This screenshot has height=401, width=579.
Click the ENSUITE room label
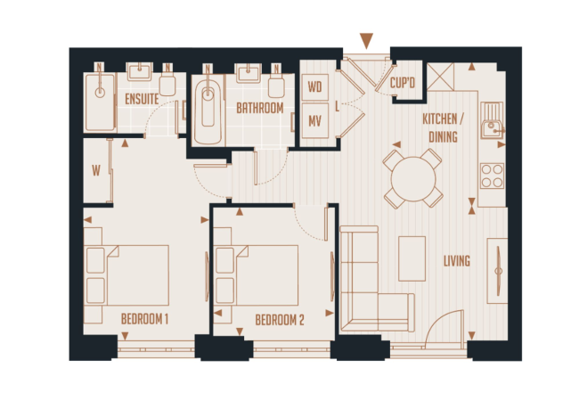click(142, 99)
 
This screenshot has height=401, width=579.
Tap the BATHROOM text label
click(260, 108)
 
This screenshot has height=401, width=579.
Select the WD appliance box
click(315, 87)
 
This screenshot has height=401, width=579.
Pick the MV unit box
click(315, 120)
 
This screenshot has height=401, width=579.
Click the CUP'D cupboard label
click(403, 83)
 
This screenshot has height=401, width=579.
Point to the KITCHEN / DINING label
click(443, 127)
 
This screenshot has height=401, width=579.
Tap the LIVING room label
click(457, 261)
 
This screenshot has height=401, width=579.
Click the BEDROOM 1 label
click(144, 319)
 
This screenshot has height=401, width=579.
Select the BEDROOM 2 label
click(280, 320)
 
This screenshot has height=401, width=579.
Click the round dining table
click(413, 179)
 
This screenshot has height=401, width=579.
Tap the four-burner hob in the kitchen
click(493, 176)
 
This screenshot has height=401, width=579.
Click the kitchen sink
click(493, 120)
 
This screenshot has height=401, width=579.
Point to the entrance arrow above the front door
click(366, 40)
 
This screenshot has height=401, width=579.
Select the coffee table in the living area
click(412, 258)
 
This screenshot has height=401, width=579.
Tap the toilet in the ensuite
click(167, 83)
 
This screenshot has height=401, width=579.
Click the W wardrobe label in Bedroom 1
click(96, 170)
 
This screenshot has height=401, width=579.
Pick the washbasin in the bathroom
click(249, 73)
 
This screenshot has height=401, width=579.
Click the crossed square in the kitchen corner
click(441, 77)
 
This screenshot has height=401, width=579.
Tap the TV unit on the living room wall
click(497, 271)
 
